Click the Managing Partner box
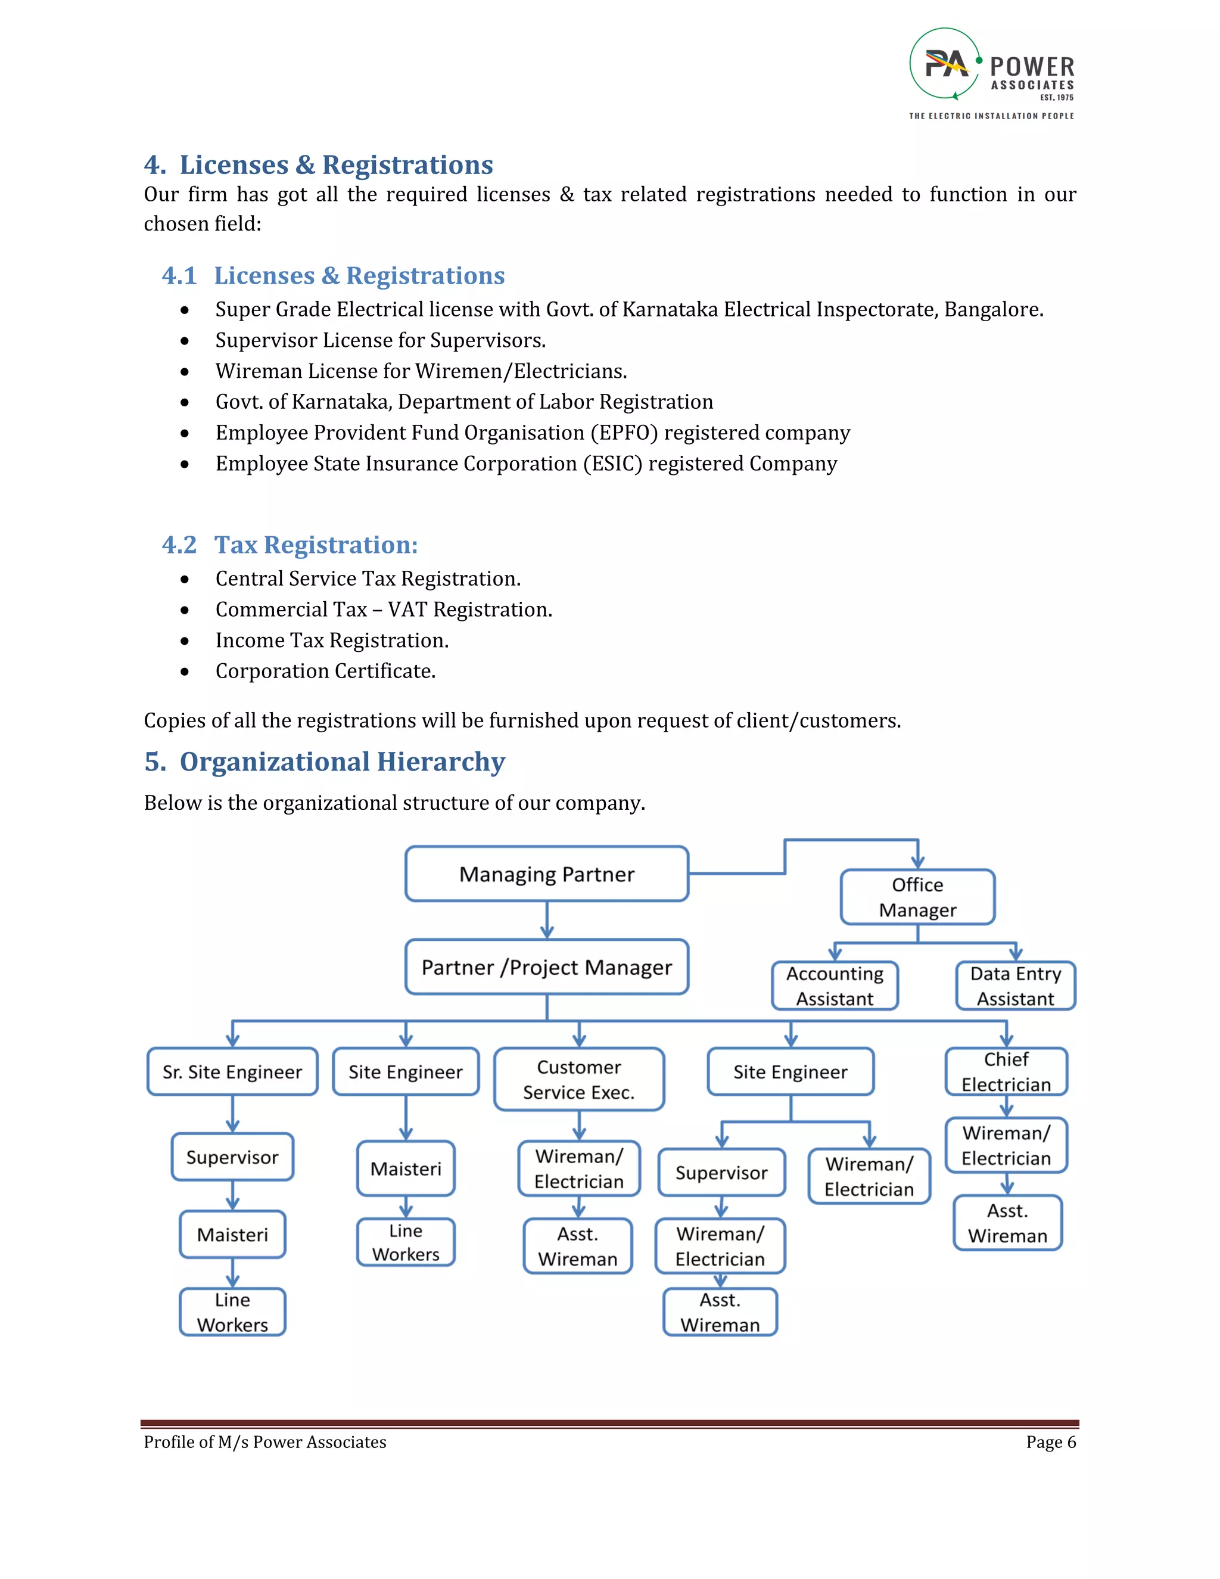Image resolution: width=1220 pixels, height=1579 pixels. pos(546,874)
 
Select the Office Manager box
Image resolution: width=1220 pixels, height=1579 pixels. pos(917,897)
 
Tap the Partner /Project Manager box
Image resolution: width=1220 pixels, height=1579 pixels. pos(546,967)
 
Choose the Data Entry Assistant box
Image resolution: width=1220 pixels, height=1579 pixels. pos(1016,986)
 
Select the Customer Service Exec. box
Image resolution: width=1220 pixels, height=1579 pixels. pos(579,1080)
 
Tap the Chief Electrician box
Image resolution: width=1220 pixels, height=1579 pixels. pos(1006,1072)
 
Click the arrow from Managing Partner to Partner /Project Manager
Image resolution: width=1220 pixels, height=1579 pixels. pos(547,921)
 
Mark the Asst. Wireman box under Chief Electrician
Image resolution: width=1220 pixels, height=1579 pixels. pos(1007,1223)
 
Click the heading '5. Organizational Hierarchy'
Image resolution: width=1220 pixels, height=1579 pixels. pos(325,762)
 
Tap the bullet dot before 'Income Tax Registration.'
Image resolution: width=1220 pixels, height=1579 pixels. pos(185,641)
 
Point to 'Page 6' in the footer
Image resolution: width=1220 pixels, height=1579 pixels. pos(1051,1443)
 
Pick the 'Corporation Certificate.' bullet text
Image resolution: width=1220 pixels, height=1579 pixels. pos(325,672)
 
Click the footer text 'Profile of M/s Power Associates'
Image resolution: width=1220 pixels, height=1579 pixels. pos(265,1443)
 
